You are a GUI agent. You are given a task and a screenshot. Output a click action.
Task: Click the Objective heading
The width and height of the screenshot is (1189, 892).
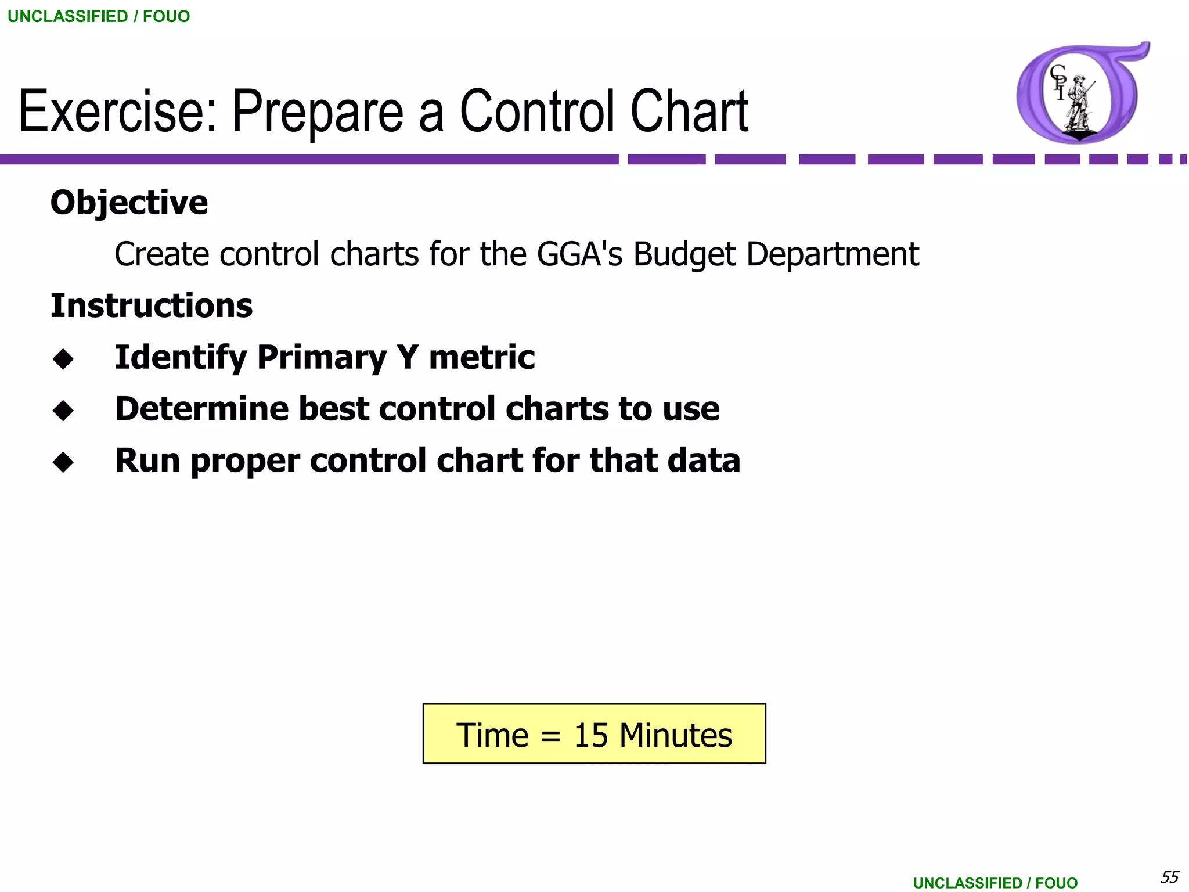coord(129,203)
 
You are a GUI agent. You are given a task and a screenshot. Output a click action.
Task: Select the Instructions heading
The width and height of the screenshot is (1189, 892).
coord(152,306)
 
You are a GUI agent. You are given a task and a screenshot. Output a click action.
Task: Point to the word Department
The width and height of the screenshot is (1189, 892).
coord(832,254)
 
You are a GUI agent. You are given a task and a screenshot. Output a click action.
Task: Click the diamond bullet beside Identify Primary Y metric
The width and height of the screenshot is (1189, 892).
coord(63,359)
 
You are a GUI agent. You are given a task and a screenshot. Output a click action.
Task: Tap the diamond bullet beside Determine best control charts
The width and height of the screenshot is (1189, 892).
coord(63,411)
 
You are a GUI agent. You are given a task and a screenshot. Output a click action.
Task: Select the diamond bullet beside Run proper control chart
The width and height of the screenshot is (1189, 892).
coord(63,462)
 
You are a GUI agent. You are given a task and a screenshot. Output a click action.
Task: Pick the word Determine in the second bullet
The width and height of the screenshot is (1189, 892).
coord(201,409)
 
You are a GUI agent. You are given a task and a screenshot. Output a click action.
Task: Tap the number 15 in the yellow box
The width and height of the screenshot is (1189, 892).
coord(590,735)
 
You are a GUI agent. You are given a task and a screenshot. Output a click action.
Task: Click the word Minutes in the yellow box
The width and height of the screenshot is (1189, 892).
coord(675,735)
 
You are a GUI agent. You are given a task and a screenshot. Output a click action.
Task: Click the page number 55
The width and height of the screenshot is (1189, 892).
coord(1169,876)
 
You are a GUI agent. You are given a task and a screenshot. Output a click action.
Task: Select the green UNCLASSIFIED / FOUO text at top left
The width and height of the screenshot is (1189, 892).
coord(99,16)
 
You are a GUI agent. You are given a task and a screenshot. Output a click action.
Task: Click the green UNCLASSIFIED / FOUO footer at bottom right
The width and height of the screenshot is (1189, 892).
coord(995,883)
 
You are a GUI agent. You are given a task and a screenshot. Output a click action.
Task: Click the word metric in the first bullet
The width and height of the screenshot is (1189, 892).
coord(481,357)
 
